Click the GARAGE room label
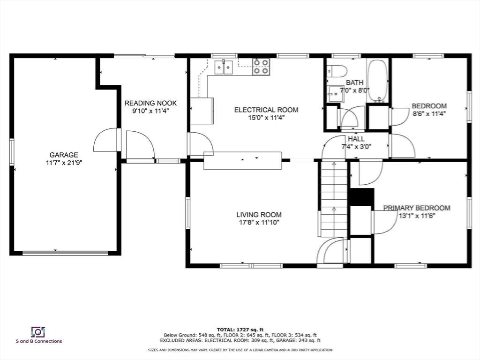pos(64,155)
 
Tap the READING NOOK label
pos(150,103)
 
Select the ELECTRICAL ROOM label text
pos(266,110)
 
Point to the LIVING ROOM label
pos(259,215)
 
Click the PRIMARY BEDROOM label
pos(417,208)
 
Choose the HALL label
pos(356,139)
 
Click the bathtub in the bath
pos(378,81)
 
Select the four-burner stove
pos(261,67)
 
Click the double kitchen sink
pos(224,67)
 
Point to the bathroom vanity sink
pos(335,94)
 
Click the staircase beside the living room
pos(334,199)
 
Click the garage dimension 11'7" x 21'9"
pos(64,163)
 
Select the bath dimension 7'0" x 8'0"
pos(355,90)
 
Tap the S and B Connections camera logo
pos(38,332)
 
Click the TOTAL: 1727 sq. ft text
pos(240,330)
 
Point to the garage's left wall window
pos(12,152)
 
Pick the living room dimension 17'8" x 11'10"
pos(259,223)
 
